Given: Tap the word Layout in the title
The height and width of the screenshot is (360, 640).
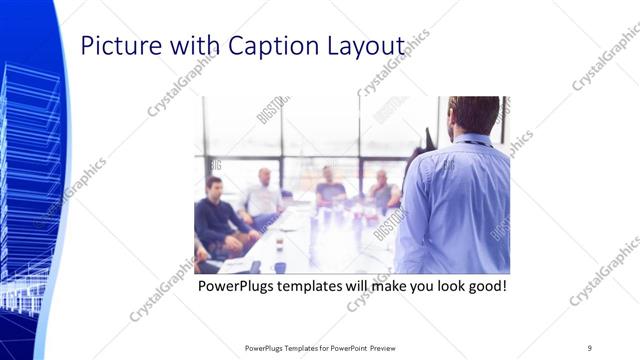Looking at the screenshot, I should pos(367,46).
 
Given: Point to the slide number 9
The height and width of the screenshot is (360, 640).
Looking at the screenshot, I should pos(589,347).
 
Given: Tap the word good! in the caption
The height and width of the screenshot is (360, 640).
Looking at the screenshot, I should pos(486,286).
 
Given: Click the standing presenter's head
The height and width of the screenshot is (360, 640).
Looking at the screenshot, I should pos(474,114).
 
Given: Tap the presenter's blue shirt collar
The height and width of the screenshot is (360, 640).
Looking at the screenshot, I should pos(471,139).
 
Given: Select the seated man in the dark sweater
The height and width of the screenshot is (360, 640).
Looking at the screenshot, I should pos(214,215).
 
